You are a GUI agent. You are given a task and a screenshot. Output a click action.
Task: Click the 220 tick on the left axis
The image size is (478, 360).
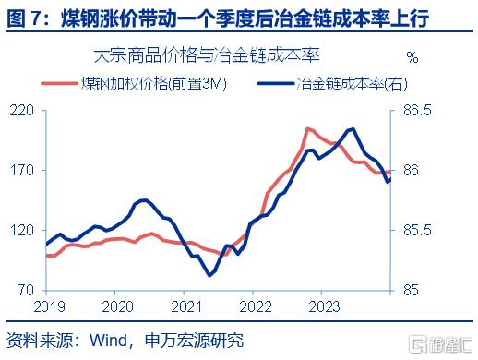point(21,111)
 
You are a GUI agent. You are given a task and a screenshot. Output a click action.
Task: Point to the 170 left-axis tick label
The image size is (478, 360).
point(21,170)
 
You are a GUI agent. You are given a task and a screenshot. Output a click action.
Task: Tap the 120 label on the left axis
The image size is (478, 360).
point(21,230)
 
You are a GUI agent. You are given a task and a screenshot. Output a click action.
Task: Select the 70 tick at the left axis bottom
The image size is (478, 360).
point(26,290)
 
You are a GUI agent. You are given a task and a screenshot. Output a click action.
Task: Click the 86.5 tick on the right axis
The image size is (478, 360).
point(417,111)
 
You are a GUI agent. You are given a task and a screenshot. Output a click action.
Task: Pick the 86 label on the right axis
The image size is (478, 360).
point(411,170)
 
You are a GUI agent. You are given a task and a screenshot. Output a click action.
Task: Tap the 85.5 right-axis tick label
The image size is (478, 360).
point(417,230)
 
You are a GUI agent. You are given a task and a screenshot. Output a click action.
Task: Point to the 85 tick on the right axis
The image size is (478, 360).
point(411,290)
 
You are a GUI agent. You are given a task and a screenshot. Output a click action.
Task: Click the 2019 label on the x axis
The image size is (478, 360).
point(49,306)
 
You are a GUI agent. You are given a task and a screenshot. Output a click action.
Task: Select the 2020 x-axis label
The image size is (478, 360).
point(117,306)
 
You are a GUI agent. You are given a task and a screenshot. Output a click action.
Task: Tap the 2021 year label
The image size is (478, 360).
point(186,306)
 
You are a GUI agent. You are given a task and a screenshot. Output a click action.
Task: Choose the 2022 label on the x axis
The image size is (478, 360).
point(256,306)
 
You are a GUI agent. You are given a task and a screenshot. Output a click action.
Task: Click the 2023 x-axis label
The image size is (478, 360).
point(324,306)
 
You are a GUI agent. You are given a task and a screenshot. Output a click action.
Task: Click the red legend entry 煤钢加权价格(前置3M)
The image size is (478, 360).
point(134,83)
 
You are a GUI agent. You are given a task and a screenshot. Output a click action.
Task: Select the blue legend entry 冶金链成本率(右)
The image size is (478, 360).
point(332,83)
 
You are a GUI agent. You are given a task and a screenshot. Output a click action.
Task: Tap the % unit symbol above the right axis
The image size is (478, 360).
point(412,57)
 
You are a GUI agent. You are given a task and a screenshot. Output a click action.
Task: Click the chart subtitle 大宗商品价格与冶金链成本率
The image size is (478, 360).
point(207,55)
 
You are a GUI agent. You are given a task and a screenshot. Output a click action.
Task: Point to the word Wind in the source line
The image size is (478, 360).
point(108,341)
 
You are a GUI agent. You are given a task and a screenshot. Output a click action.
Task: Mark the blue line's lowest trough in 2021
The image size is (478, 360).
point(210,275)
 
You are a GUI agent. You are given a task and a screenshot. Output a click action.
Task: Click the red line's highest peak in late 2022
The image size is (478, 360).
point(307,129)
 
